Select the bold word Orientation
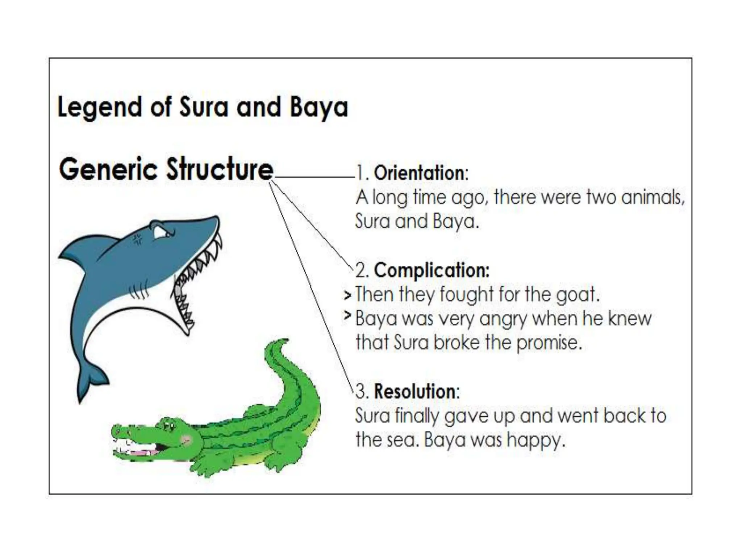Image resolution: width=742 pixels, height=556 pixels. pyautogui.click(x=420, y=173)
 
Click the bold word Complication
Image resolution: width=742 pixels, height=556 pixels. pyautogui.click(x=431, y=270)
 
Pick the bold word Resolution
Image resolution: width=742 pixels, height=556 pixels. pyautogui.click(x=414, y=392)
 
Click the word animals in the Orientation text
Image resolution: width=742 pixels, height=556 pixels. pyautogui.click(x=652, y=198)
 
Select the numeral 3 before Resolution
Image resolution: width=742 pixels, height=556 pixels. pyautogui.click(x=360, y=392)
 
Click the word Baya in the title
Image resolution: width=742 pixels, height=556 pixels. pyautogui.click(x=319, y=108)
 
